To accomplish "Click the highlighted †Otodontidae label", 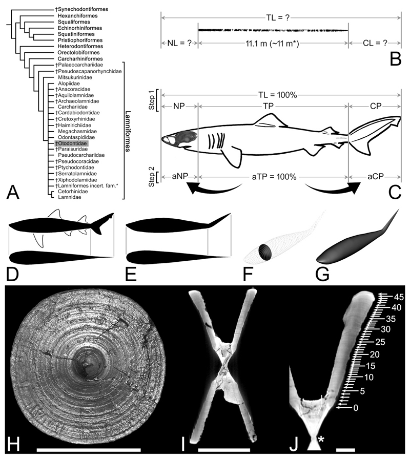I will pyautogui.click(x=72, y=144).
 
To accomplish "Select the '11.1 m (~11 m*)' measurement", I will pyautogui.click(x=273, y=43).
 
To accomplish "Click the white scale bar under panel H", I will pyautogui.click(x=89, y=449).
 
